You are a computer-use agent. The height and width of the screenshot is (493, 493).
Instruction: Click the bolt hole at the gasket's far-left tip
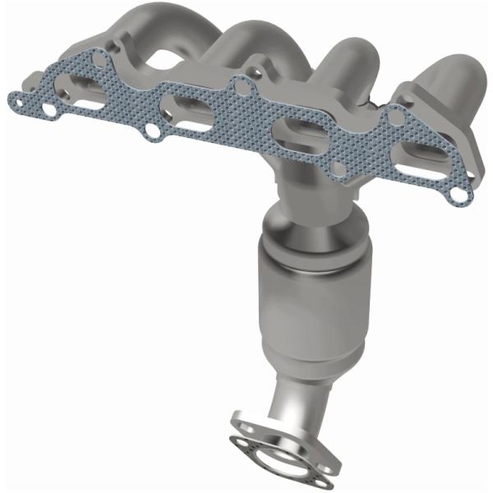pos(16,99)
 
